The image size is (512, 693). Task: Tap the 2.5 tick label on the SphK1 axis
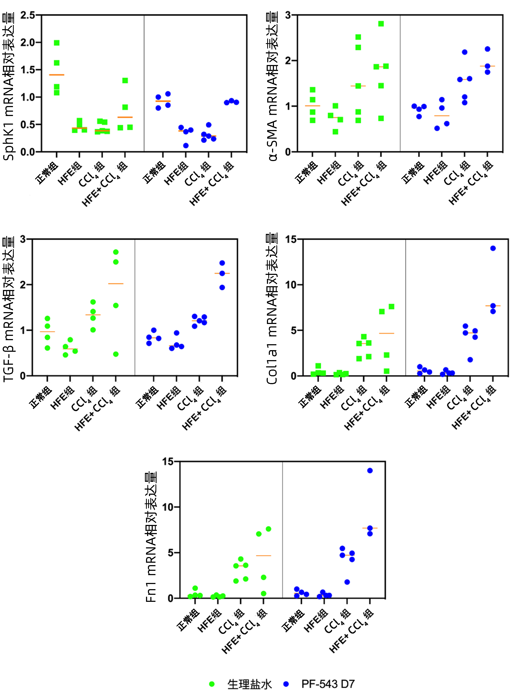pyautogui.click(x=28, y=15)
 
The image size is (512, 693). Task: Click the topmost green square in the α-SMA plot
pyautogui.click(x=381, y=24)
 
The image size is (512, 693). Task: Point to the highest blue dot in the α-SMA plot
pyautogui.click(x=487, y=49)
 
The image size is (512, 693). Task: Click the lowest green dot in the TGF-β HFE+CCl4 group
pyautogui.click(x=116, y=354)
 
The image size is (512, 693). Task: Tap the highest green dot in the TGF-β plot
pyautogui.click(x=116, y=252)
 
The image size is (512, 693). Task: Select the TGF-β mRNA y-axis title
pyautogui.click(x=9, y=309)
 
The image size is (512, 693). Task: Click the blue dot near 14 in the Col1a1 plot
pyautogui.click(x=493, y=248)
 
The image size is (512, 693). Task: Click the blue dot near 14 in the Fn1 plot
pyautogui.click(x=370, y=470)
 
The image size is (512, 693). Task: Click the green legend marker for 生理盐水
pyautogui.click(x=212, y=684)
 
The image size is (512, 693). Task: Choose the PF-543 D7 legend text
pyautogui.click(x=328, y=684)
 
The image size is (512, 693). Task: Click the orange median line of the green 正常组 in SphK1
pyautogui.click(x=57, y=75)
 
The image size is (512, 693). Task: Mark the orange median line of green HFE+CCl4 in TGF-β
pyautogui.click(x=116, y=284)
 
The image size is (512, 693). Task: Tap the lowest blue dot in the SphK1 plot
pyautogui.click(x=186, y=146)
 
